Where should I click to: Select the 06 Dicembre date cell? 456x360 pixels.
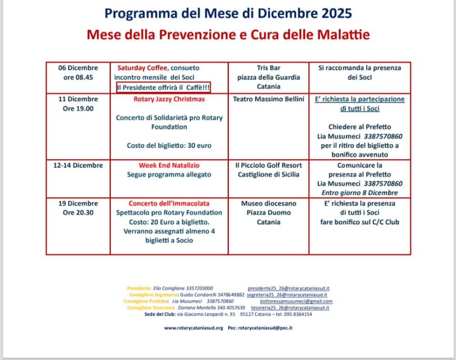pyautogui.click(x=78, y=68)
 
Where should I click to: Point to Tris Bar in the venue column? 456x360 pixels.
pyautogui.click(x=269, y=68)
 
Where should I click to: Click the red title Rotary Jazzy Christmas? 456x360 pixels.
pyautogui.click(x=169, y=99)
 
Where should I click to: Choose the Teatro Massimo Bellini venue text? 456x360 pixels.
pyautogui.click(x=269, y=99)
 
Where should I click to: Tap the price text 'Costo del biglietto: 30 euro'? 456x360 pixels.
pyautogui.click(x=169, y=146)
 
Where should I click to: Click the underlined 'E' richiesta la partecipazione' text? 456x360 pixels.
pyautogui.click(x=360, y=99)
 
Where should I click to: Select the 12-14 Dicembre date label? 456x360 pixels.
pyautogui.click(x=78, y=165)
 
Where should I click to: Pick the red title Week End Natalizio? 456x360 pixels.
pyautogui.click(x=169, y=165)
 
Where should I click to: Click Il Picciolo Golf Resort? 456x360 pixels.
pyautogui.click(x=269, y=165)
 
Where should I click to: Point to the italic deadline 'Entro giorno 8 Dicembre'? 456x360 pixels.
pyautogui.click(x=360, y=193)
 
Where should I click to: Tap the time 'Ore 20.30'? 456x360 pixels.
pyautogui.click(x=78, y=213)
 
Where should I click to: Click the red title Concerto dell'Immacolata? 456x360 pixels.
pyautogui.click(x=169, y=204)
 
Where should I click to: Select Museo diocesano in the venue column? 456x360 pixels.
pyautogui.click(x=269, y=204)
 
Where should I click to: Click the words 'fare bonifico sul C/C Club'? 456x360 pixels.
pyautogui.click(x=360, y=222)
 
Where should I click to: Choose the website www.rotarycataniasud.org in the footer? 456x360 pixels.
pyautogui.click(x=194, y=328)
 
